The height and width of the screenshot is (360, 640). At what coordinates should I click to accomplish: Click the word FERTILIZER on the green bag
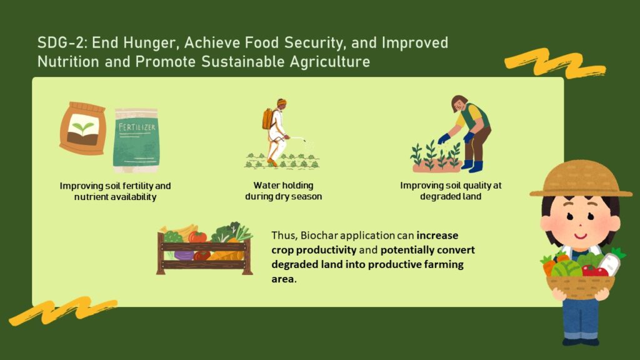pos(137,127)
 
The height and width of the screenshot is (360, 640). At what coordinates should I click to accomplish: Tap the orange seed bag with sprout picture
pos(83,128)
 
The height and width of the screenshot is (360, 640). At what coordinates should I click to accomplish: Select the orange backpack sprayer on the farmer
pos(267,119)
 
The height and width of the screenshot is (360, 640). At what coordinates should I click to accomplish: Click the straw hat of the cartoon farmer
pos(581,179)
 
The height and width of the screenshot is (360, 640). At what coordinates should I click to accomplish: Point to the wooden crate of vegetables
pos(204,249)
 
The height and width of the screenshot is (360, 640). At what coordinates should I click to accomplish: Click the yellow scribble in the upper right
pos(555,63)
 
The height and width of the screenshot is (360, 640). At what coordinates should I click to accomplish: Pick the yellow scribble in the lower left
pos(63,311)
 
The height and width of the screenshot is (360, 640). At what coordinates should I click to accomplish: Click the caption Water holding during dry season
pos(283,191)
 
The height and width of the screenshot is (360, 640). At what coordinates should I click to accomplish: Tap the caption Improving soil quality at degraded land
pos(451,191)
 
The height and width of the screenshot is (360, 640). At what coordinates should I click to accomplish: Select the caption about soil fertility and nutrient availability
pos(115,191)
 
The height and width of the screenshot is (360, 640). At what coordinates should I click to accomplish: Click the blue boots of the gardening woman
pos(472,166)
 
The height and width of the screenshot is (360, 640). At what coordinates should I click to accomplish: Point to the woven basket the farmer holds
pos(580,287)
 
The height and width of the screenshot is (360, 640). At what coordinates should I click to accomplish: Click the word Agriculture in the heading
pos(330,62)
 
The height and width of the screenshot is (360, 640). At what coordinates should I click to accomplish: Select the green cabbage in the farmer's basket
pos(566,269)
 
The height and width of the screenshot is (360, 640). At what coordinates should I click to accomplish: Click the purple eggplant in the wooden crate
pos(184,256)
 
